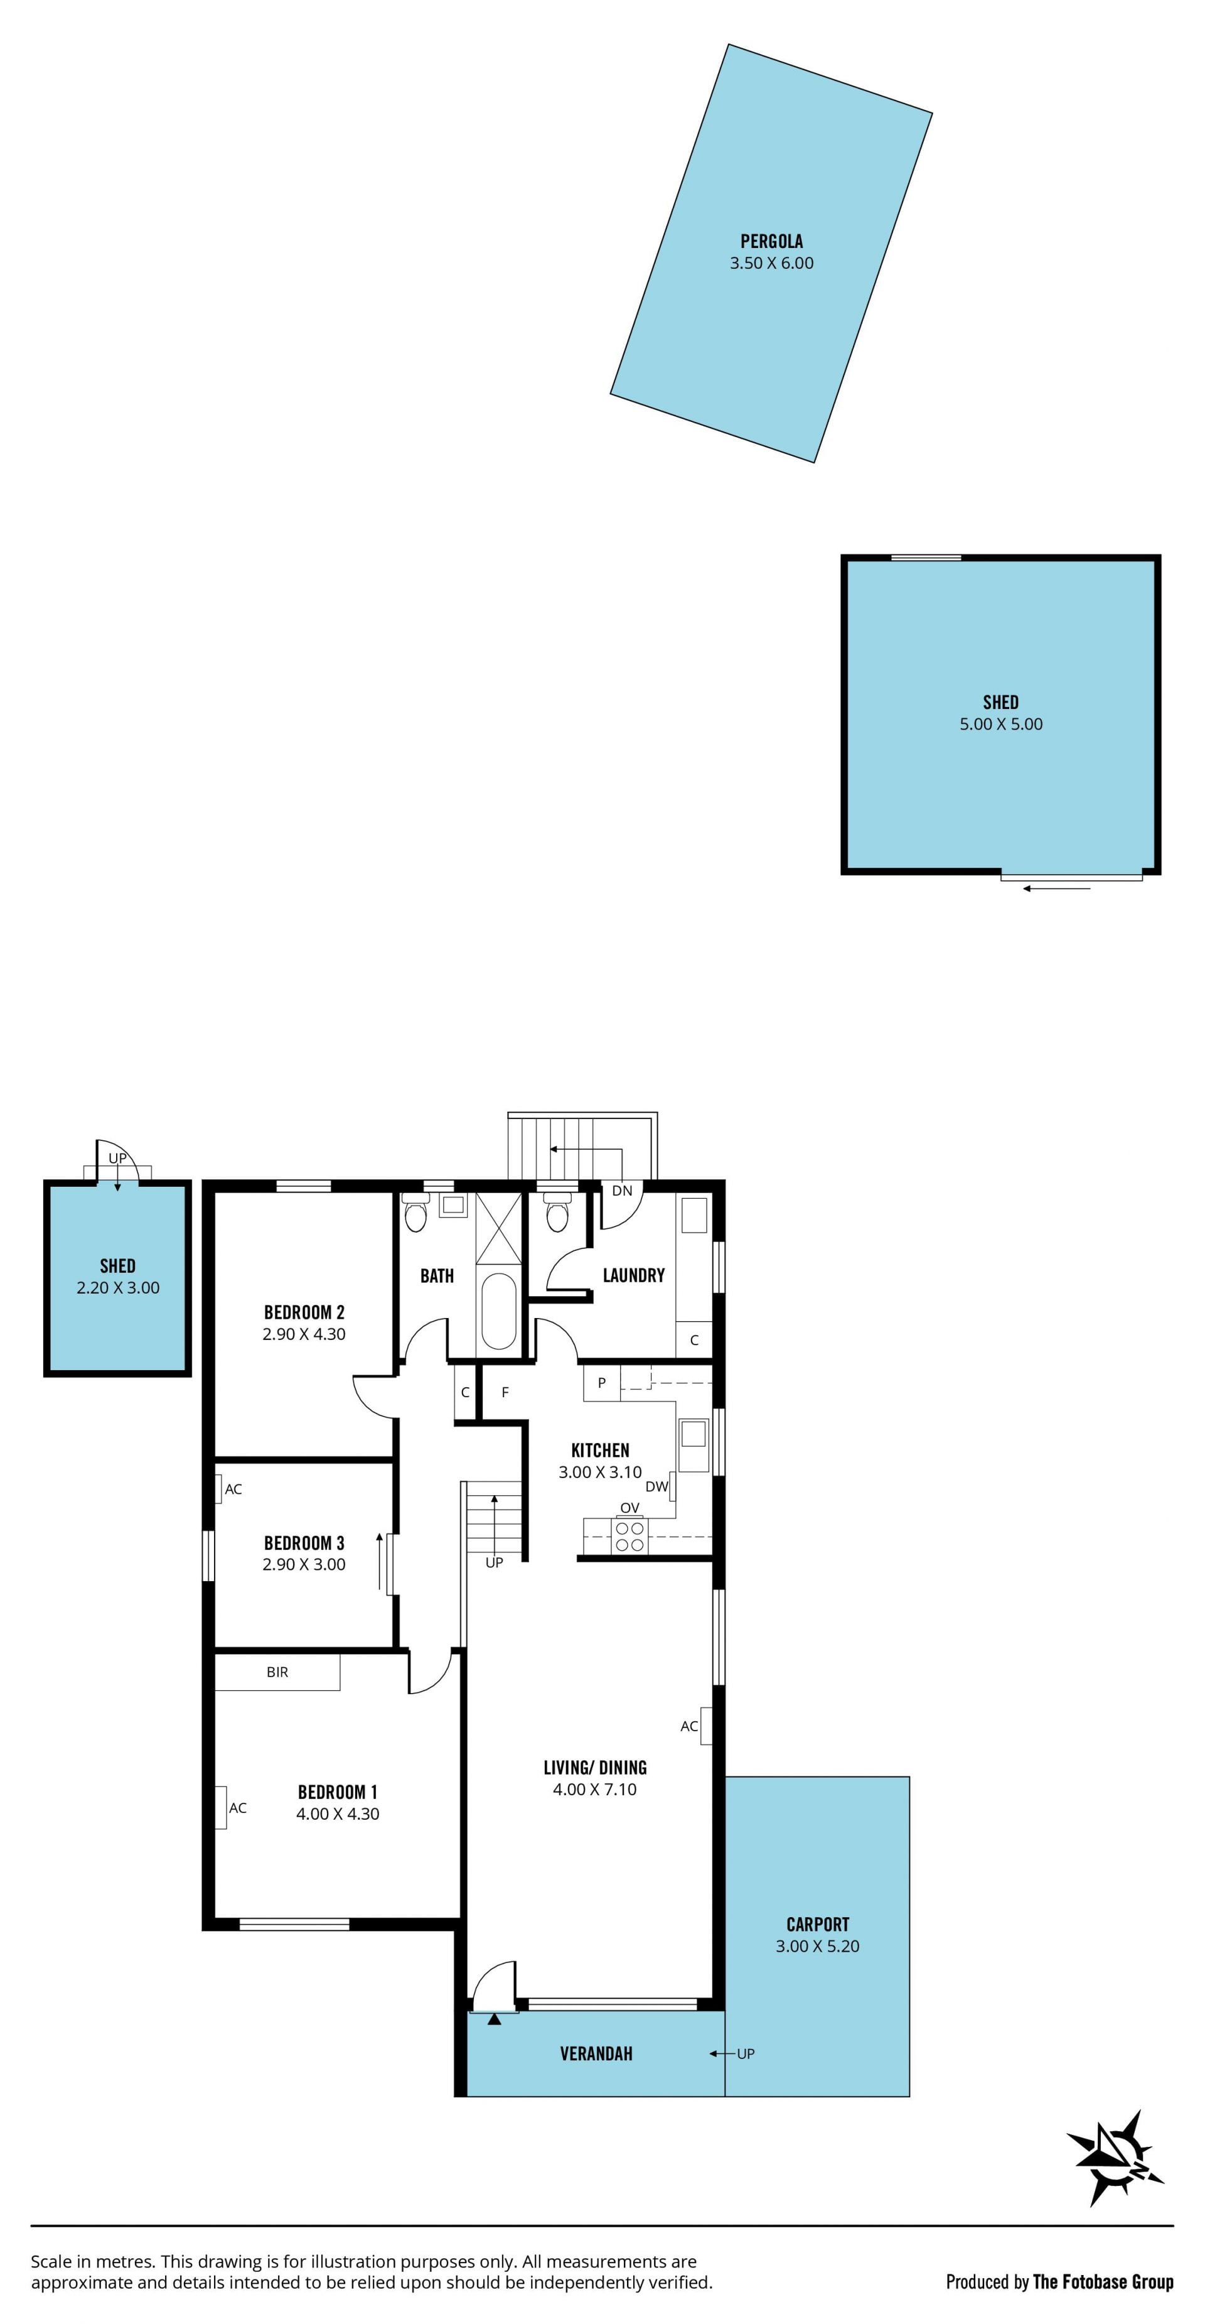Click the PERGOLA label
(771, 241)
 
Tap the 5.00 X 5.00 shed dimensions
(1000, 723)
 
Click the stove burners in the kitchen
(629, 1537)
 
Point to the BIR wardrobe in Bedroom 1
(277, 1672)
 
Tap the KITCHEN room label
(600, 1450)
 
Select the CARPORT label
(817, 1925)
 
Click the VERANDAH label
(596, 2053)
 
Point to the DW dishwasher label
(656, 1487)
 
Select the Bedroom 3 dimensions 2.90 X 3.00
(304, 1564)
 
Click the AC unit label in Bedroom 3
(233, 1489)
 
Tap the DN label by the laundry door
(623, 1190)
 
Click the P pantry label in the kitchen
(602, 1382)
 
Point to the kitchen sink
(693, 1434)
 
